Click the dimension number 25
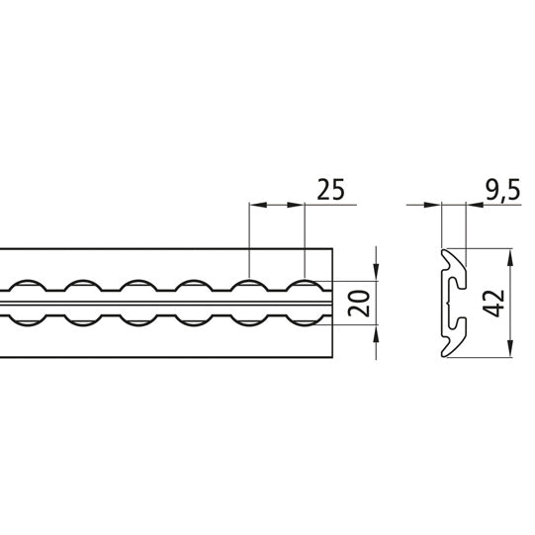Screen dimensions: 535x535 point(329,189)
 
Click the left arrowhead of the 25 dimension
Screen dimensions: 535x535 point(255,206)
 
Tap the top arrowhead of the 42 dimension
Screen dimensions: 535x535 point(509,255)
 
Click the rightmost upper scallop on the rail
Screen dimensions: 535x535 point(305,286)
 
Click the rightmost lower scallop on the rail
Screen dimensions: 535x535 point(305,314)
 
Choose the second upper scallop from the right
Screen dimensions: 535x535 point(249,286)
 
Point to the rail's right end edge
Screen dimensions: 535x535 point(334,301)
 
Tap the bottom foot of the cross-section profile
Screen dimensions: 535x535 point(450,347)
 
